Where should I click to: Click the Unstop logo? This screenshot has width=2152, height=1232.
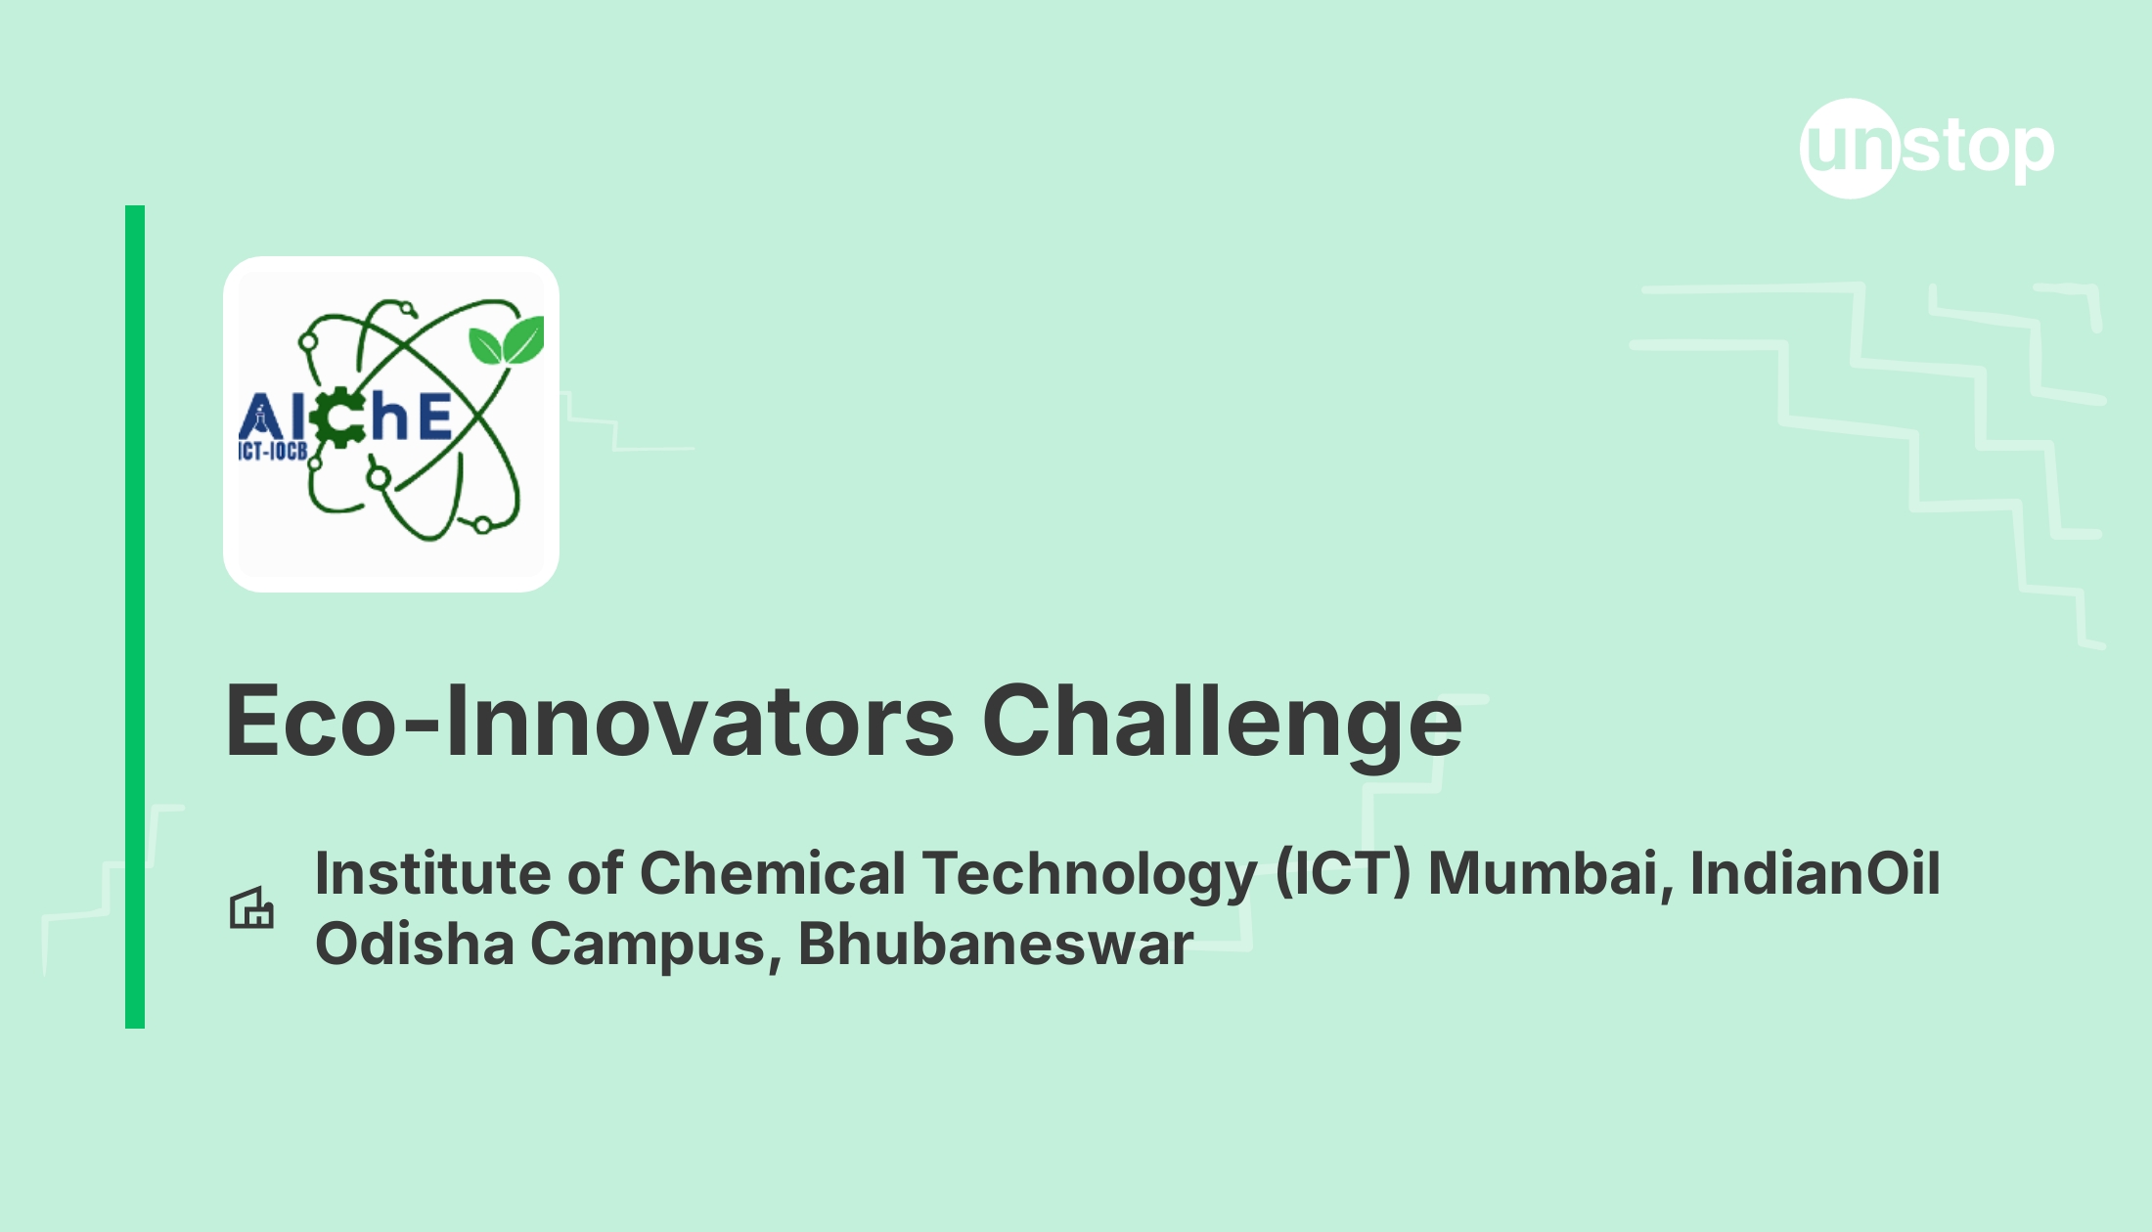[x=1927, y=149]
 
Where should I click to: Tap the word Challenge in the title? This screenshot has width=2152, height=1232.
[x=1222, y=725]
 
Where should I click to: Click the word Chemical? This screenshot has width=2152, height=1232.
[x=773, y=872]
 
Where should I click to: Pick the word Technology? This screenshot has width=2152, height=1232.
[x=1090, y=876]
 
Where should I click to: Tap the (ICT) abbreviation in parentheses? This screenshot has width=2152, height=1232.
[x=1343, y=874]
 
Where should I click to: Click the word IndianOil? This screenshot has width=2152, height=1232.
[x=1816, y=872]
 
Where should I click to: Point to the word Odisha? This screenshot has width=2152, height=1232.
[x=415, y=944]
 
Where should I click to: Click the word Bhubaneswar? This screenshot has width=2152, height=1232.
[x=996, y=944]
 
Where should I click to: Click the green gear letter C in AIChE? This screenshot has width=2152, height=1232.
[x=338, y=418]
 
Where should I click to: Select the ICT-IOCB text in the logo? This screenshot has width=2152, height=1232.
[x=273, y=451]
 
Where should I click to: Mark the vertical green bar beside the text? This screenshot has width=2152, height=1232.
[x=135, y=617]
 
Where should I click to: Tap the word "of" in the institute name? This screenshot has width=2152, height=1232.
[x=596, y=872]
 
